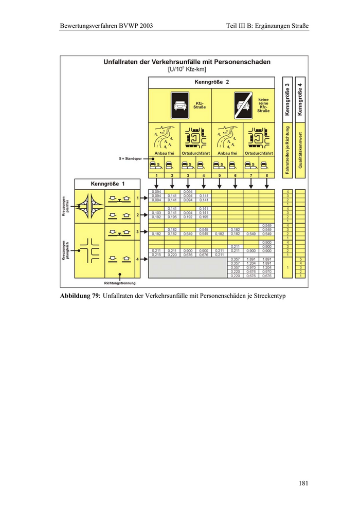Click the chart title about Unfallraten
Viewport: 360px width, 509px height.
187,62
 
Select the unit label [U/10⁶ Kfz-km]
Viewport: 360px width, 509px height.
187,69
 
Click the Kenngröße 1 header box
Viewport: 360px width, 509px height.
107,184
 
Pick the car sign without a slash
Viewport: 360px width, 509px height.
180,105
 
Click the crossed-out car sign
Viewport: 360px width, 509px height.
243,105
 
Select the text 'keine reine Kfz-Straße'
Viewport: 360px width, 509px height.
263,105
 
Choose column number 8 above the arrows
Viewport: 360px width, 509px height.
266,176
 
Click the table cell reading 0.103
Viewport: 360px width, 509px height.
156,212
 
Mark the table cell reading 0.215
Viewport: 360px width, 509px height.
156,254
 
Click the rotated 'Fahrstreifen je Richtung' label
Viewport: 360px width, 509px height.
287,149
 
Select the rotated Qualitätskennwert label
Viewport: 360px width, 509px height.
300,149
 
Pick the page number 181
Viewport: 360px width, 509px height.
303,483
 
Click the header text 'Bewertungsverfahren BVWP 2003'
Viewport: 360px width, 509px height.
106,25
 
